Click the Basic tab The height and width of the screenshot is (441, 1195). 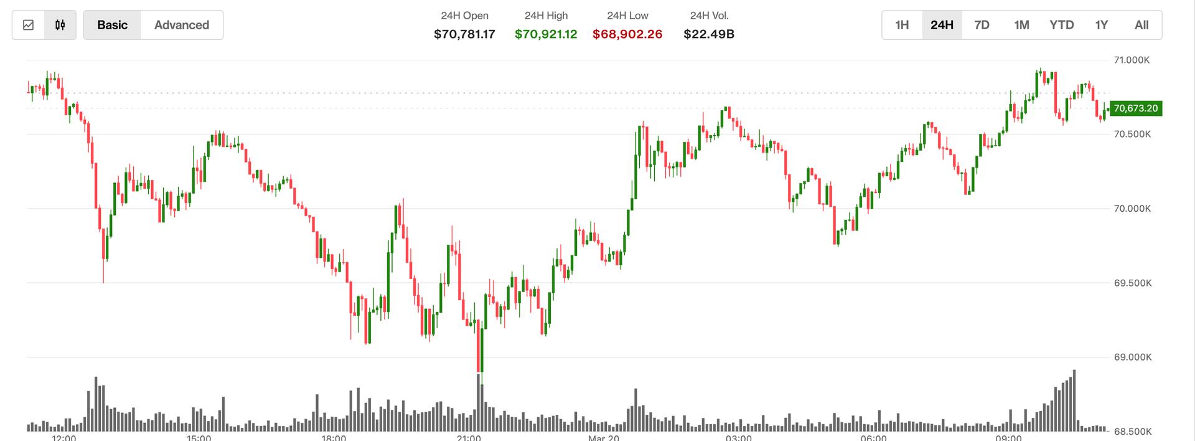point(112,25)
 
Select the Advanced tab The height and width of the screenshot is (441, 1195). point(182,25)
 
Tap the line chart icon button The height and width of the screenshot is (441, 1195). point(28,25)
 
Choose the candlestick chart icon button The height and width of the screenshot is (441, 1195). point(60,25)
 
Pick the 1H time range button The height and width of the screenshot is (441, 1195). point(902,25)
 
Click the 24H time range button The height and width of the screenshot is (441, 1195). point(942,25)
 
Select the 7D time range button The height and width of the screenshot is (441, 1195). point(982,25)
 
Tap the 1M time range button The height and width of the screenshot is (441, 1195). point(1021,25)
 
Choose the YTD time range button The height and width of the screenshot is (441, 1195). point(1061,25)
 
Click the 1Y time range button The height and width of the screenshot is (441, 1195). point(1102,25)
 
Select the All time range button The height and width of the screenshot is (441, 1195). point(1141,25)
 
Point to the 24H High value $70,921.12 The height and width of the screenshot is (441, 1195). point(546,34)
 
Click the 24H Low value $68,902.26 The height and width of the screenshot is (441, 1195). point(627,34)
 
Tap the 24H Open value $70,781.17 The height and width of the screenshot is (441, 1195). point(464,34)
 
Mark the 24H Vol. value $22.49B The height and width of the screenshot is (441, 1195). point(709,34)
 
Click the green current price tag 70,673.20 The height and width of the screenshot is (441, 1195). point(1135,108)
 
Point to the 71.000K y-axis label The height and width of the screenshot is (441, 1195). point(1132,60)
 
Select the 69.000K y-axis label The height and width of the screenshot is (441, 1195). point(1132,358)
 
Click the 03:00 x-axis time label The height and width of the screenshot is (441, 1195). point(738,438)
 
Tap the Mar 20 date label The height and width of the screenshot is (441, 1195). point(604,438)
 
